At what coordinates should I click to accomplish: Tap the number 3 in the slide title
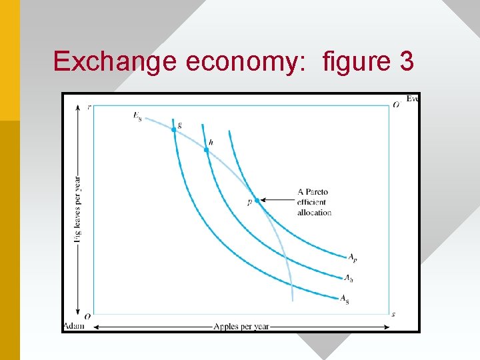point(406,61)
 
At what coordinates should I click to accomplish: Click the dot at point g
point(174,129)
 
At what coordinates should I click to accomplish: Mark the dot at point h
point(206,150)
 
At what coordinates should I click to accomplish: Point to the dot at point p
point(257,200)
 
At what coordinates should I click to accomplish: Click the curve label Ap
point(352,257)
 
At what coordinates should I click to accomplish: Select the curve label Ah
point(347,278)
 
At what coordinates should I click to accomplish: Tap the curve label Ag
point(344,299)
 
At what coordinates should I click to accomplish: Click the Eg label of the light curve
point(137,116)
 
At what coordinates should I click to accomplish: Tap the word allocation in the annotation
point(314,213)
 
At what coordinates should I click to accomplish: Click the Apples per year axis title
point(241,327)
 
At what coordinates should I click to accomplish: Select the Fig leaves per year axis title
point(79,207)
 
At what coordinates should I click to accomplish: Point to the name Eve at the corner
point(412,99)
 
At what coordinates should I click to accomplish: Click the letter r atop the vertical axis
point(89,105)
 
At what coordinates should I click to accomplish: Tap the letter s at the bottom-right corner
point(393,314)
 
